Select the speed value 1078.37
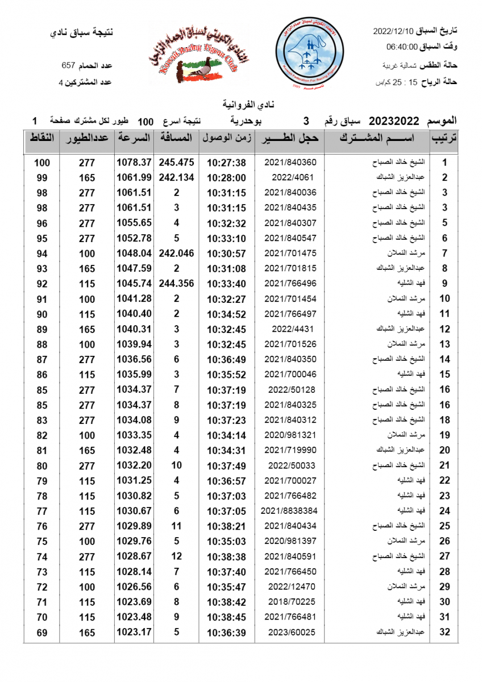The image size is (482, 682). click(134, 163)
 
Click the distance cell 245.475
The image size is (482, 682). click(176, 163)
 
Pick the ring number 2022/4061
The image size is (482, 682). click(290, 177)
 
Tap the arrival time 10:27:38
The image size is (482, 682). click(226, 163)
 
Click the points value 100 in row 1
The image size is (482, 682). click(42, 163)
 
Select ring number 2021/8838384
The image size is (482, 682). click(290, 511)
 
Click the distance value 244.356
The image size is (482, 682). click(176, 284)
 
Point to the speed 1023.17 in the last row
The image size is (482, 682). click(134, 632)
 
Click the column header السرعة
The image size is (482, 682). click(134, 138)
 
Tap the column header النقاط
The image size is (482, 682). click(42, 138)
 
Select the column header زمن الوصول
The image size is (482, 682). click(226, 138)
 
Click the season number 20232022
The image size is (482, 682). click(394, 121)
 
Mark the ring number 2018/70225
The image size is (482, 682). click(290, 602)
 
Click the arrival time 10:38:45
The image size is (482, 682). click(226, 617)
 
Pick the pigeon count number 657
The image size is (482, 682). click(69, 66)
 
